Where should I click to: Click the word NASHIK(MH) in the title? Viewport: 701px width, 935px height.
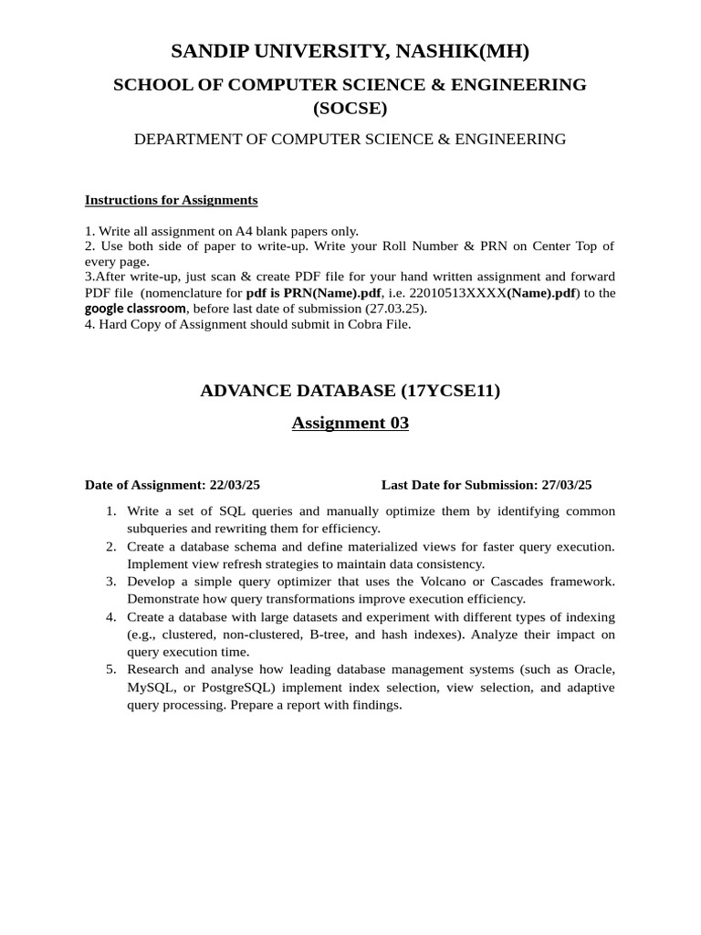coord(461,51)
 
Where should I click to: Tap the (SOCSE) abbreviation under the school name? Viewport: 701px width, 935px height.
coord(350,109)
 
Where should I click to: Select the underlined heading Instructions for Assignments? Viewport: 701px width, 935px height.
coord(171,200)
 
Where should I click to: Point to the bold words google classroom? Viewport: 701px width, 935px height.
coord(135,308)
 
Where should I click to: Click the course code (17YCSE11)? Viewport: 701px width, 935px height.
coord(451,391)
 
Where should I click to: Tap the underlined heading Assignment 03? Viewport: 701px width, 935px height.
coord(350,423)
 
